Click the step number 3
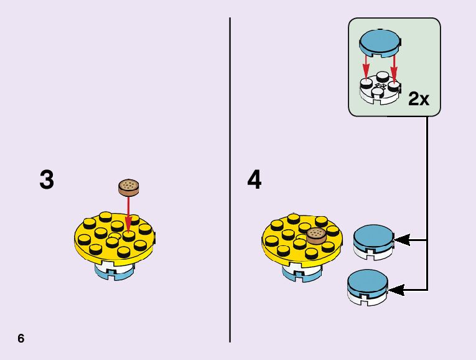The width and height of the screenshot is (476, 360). (47, 181)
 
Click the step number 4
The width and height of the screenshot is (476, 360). (254, 181)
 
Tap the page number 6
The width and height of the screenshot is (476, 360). (21, 338)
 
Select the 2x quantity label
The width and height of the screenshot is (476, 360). (419, 98)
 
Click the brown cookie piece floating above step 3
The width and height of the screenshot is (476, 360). (129, 186)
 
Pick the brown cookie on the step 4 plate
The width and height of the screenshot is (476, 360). (317, 235)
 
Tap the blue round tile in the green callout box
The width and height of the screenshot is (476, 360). (380, 41)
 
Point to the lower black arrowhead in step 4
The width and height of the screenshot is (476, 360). (396, 289)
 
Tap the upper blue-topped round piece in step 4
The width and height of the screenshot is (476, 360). (373, 239)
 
